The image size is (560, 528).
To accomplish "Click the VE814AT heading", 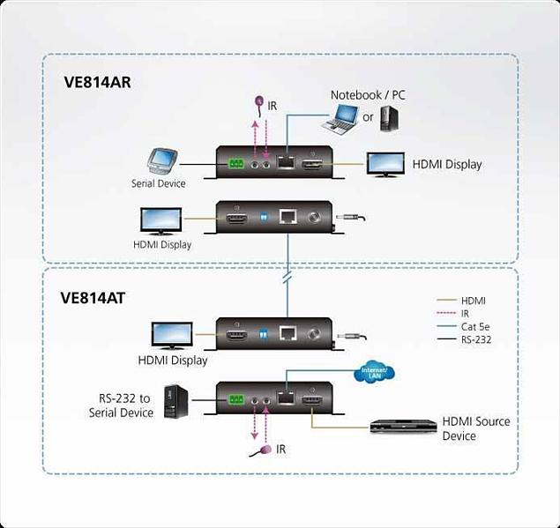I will pyautogui.click(x=93, y=298).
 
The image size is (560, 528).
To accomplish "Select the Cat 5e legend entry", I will pyautogui.click(x=473, y=325).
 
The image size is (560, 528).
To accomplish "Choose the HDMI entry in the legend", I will pyautogui.click(x=473, y=301).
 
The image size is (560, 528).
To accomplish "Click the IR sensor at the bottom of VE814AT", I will pyautogui.click(x=261, y=451).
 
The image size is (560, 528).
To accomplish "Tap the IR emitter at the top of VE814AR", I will pyautogui.click(x=259, y=103).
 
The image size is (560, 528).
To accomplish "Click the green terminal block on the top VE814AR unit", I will pyautogui.click(x=235, y=163).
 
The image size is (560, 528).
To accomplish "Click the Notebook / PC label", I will pyautogui.click(x=368, y=94).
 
